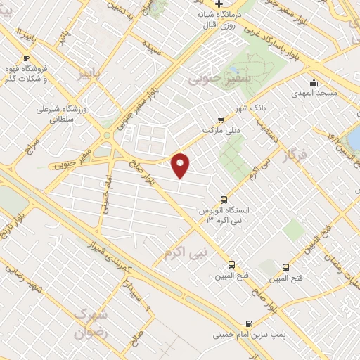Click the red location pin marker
[181, 165]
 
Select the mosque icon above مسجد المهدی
[314, 82]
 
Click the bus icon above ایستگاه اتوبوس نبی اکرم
[224, 199]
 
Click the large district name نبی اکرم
[186, 251]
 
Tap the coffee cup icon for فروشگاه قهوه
[26, 58]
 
